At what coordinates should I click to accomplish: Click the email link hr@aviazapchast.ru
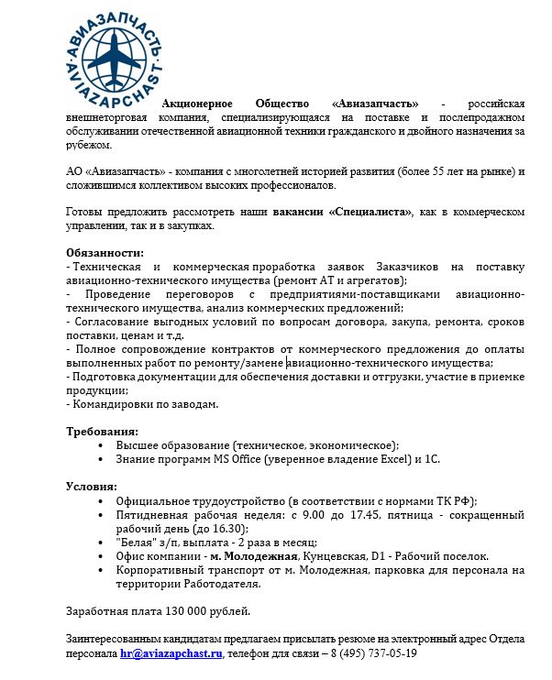171,654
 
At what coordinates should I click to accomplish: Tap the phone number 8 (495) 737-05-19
367,654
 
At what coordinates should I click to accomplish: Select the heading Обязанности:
105,252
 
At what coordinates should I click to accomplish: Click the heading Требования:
103,431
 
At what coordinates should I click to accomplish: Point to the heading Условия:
92,487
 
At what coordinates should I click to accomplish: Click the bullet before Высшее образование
99,445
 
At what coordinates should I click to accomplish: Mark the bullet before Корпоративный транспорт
99,569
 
